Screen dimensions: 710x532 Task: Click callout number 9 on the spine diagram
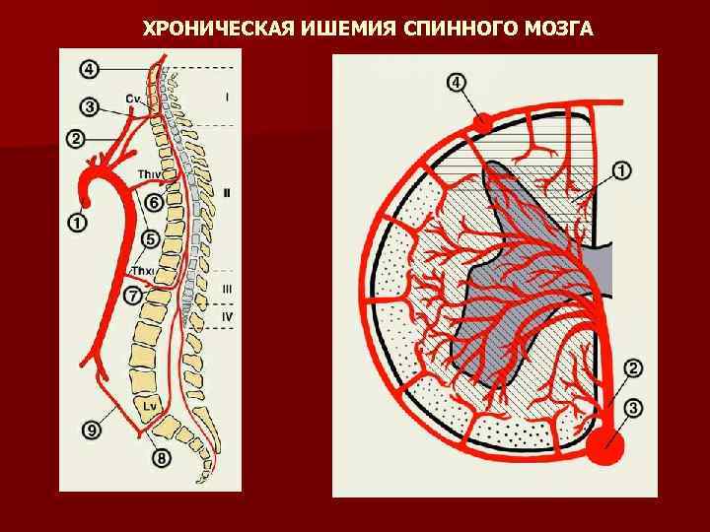tap(92, 429)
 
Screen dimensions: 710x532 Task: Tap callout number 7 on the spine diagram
tap(133, 294)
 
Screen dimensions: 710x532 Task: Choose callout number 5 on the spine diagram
tap(151, 237)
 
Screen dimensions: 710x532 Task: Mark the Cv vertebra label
tap(134, 99)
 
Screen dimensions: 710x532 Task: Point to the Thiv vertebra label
tap(150, 175)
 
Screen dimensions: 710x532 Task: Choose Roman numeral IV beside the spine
tap(227, 316)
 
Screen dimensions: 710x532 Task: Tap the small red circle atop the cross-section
tap(482, 122)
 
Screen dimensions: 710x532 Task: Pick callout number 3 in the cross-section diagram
tap(634, 405)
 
